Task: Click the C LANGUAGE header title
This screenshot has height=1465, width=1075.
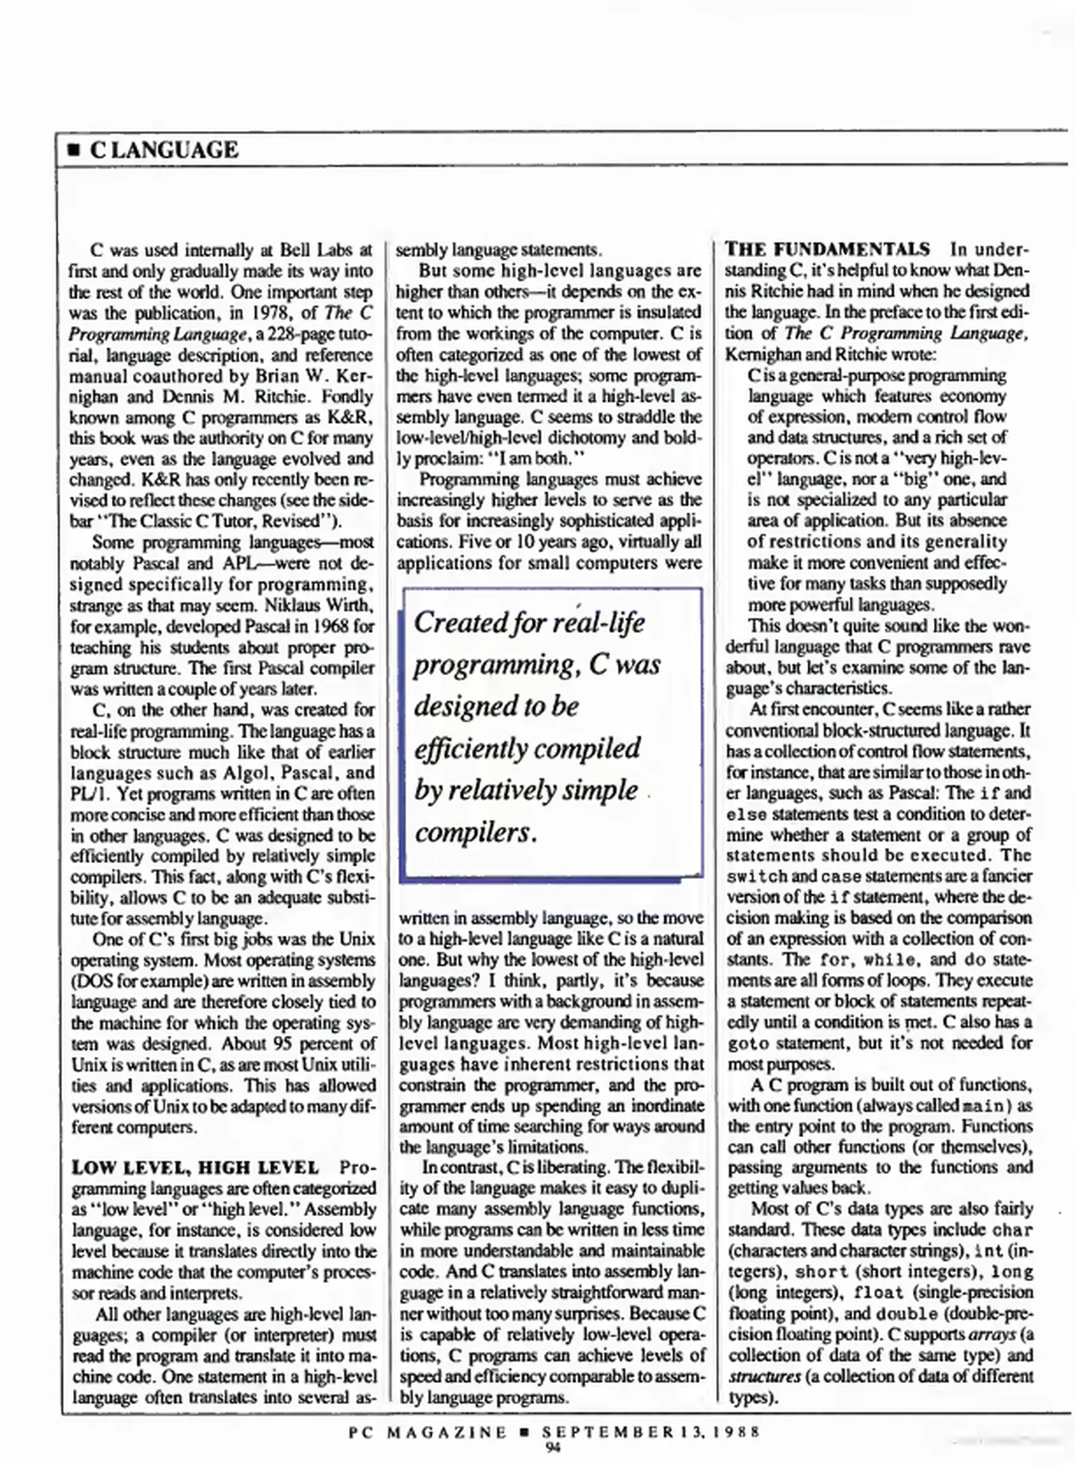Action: click(163, 150)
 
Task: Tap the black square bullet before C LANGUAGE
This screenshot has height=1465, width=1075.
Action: click(74, 151)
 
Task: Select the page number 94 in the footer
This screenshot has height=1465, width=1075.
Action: click(553, 1447)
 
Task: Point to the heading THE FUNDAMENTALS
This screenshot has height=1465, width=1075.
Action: click(827, 250)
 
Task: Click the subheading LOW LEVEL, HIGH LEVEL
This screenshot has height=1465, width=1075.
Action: click(195, 1168)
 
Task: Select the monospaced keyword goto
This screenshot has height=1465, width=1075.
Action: click(748, 1044)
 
